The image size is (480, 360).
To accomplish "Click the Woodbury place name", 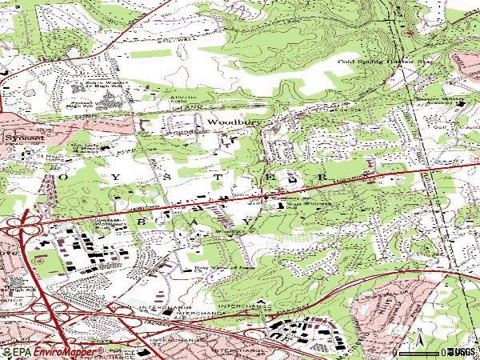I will (x=226, y=122).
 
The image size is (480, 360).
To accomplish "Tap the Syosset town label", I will (x=17, y=137).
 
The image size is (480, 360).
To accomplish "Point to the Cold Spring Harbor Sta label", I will (x=378, y=61).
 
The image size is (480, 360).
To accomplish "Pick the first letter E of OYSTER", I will (x=268, y=176).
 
